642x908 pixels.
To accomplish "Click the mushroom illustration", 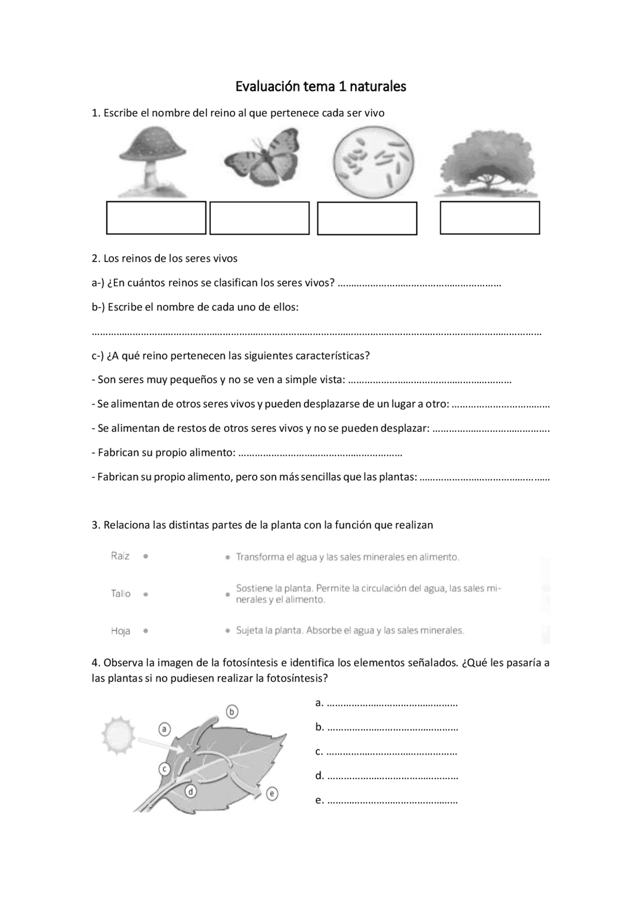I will click(x=152, y=161).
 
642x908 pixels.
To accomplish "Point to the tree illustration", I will click(x=486, y=163).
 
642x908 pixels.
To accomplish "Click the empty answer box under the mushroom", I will click(x=156, y=218).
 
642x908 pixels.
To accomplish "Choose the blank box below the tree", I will click(x=490, y=218).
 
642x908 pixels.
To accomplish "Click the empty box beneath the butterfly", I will click(x=259, y=218).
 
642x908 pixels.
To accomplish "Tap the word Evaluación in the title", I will click(x=268, y=87).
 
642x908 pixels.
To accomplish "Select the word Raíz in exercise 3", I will click(x=120, y=556).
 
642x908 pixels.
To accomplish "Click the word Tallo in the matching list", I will click(x=121, y=594).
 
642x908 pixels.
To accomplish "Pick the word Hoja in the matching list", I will click(x=121, y=631).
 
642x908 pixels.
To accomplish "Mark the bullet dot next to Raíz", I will click(x=145, y=556).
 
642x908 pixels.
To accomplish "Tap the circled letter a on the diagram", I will click(x=164, y=729).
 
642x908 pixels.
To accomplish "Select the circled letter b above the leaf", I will click(x=232, y=711).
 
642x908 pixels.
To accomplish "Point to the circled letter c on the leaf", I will click(x=165, y=769).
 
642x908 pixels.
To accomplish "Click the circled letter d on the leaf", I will click(x=191, y=792).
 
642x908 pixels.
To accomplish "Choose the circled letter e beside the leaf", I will click(x=272, y=794).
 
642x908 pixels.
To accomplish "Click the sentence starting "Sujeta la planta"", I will click(x=350, y=631).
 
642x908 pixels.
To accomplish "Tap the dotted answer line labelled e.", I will click(x=392, y=801).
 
